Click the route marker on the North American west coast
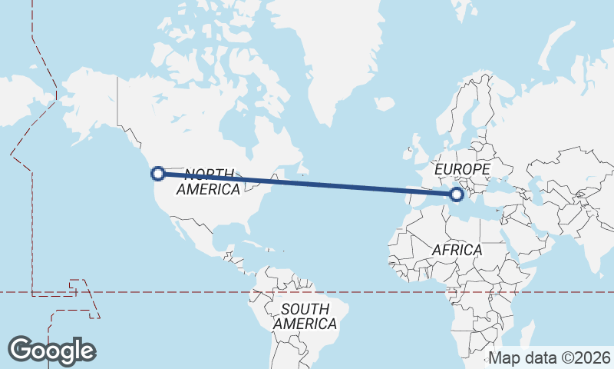158,174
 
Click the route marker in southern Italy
457,194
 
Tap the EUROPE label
462,169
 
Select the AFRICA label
457,251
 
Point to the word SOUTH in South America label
305,309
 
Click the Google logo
51,351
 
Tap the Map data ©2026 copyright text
550,358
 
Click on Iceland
385,103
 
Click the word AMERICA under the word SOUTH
305,324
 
